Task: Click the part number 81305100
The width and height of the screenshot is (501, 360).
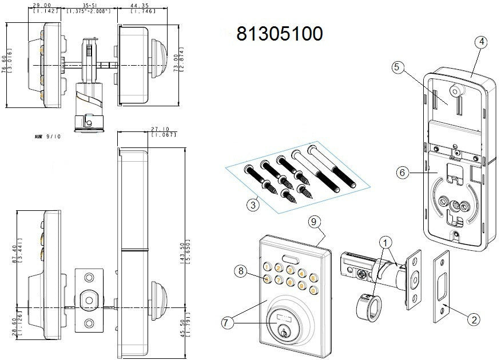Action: click(x=280, y=34)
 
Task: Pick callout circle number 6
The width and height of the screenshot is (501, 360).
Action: click(x=404, y=171)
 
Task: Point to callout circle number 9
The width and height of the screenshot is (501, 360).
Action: click(x=313, y=221)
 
